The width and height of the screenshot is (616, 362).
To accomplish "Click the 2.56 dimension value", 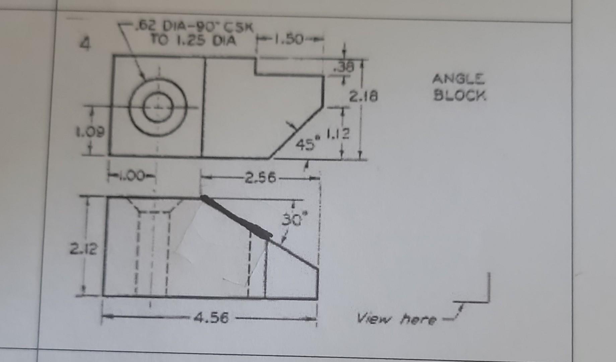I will click(x=260, y=177).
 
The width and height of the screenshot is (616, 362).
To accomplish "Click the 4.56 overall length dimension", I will click(x=211, y=317).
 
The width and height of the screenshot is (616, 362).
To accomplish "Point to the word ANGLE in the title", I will click(x=458, y=79).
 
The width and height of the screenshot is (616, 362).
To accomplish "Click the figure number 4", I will click(x=86, y=44).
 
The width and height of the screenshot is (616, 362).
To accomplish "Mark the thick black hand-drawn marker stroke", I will click(x=236, y=216).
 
